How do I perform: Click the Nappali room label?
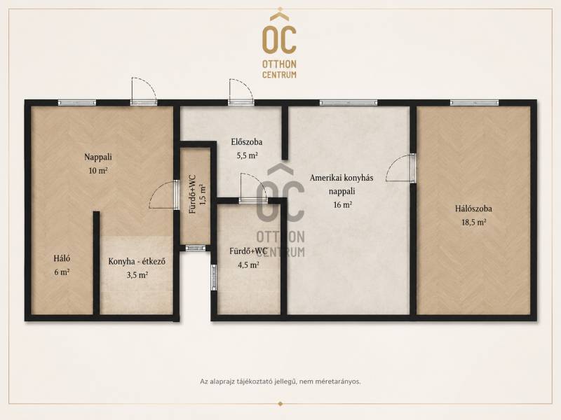98,157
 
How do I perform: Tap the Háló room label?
62,258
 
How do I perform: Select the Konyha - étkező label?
137,261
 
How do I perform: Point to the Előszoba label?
247,142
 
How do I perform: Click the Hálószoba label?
473,209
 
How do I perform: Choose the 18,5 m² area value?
474,223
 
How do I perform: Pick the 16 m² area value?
342,205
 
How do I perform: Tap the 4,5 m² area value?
248,265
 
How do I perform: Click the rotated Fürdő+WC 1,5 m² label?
198,195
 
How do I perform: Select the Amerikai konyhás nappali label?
342,184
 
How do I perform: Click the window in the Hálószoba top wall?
474,103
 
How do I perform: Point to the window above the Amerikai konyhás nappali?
349,103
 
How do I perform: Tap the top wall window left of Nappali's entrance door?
77,103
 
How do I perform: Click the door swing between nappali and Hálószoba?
400,168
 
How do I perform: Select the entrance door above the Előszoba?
241,92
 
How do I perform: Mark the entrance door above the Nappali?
144,91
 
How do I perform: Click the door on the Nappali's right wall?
163,195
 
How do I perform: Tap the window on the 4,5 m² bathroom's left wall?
214,277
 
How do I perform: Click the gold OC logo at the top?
279,45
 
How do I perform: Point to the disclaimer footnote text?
280,381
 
